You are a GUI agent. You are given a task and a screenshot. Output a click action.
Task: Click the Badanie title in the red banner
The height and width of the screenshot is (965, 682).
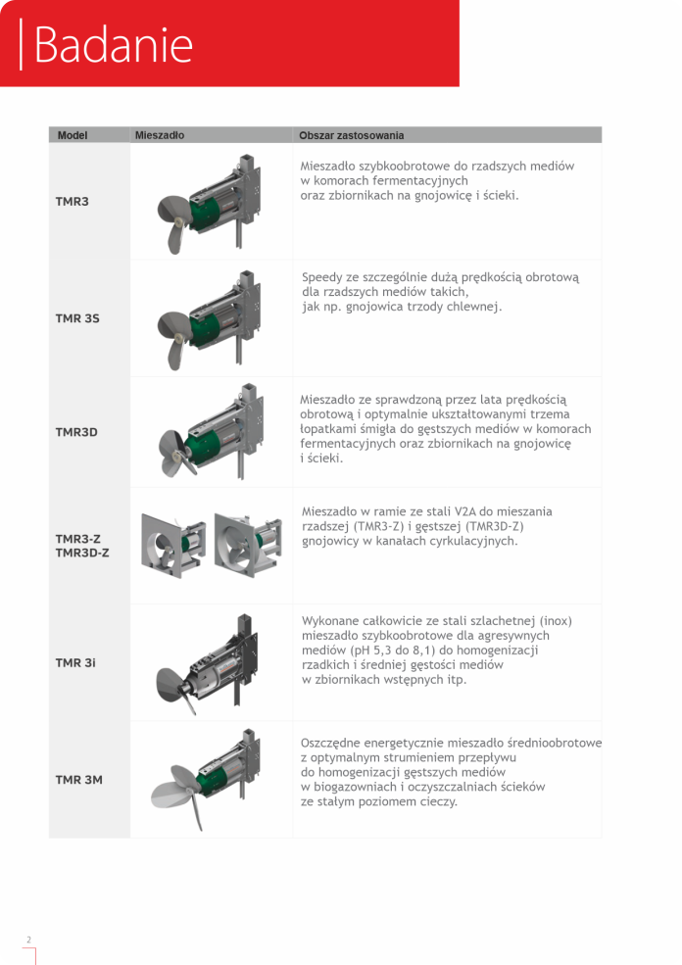click(x=114, y=44)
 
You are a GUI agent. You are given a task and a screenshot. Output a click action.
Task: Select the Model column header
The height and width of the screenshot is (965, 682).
click(x=73, y=135)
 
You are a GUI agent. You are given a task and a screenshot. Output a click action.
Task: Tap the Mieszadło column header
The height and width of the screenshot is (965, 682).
click(x=160, y=135)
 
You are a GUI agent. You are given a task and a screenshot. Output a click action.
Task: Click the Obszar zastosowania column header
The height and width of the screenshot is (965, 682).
click(x=352, y=135)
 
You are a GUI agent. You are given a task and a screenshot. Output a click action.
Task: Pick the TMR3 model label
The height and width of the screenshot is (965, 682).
click(x=72, y=201)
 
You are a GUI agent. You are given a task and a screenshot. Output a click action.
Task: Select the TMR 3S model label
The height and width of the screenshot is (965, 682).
click(x=77, y=318)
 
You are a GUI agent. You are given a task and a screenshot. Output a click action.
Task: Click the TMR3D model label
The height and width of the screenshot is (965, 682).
click(x=76, y=432)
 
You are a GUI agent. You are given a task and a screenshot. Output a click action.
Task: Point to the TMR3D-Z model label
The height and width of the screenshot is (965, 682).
click(x=82, y=553)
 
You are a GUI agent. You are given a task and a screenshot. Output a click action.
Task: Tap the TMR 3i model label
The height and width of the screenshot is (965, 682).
click(x=75, y=663)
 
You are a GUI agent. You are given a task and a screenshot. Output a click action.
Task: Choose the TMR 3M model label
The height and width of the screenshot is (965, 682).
click(x=78, y=780)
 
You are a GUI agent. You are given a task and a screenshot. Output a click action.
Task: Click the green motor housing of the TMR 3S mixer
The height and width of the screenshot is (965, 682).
click(x=205, y=327)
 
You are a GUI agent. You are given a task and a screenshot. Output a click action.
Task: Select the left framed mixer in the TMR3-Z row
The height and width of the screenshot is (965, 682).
click(x=172, y=546)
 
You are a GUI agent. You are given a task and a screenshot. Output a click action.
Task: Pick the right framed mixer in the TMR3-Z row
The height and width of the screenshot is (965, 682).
click(x=248, y=544)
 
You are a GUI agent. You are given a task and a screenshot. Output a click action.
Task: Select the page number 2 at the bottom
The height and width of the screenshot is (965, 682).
click(x=29, y=940)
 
